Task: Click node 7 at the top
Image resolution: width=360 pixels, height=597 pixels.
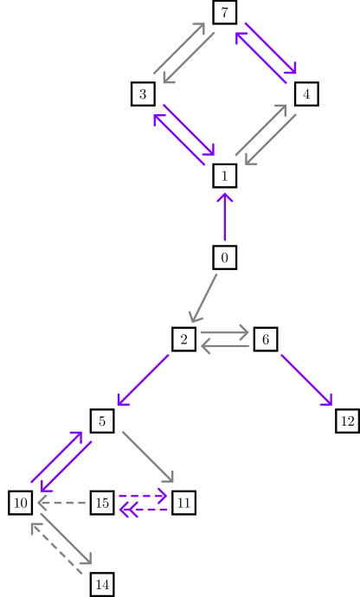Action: coord(225,12)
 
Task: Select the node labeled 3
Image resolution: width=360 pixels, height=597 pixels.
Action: coord(143,93)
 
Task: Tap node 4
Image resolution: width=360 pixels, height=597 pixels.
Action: coord(306,93)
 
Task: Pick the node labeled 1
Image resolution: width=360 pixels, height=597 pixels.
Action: coord(225,176)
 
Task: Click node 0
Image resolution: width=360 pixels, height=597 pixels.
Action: coord(225,257)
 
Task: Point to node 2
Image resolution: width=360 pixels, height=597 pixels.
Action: coord(183,339)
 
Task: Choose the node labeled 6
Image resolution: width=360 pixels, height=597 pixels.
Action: coord(266,339)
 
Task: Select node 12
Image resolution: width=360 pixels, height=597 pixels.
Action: coord(347,421)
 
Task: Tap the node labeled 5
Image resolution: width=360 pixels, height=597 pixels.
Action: coord(102,421)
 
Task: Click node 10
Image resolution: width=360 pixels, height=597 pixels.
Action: coord(21,503)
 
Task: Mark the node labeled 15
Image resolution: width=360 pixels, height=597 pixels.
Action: coord(102,503)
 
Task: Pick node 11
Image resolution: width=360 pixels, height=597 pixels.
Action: coord(183,503)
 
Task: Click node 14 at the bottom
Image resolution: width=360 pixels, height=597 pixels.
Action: coord(102,585)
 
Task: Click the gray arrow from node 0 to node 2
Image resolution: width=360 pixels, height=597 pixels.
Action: coord(204,298)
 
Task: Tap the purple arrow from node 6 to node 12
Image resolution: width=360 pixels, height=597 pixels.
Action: coord(306,380)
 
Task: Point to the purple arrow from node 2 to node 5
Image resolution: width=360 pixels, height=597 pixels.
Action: coord(143,380)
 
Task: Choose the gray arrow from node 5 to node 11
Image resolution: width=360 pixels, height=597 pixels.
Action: coord(148,457)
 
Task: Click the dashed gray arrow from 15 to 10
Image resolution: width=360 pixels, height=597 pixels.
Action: coord(62,503)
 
